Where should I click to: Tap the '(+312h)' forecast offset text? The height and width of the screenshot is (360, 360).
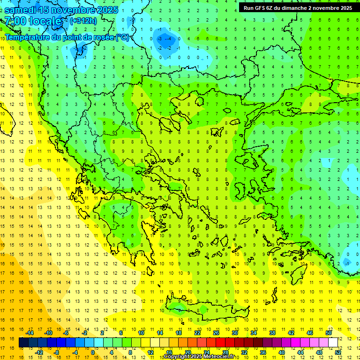pyautogui.click(x=84, y=21)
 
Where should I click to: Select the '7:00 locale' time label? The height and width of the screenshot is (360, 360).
pyautogui.click(x=34, y=21)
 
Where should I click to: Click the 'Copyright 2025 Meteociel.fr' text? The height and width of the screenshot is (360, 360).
pyautogui.click(x=199, y=356)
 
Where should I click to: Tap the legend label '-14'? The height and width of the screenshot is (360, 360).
pyautogui.click(x=30, y=333)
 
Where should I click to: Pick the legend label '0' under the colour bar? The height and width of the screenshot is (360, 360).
pyautogui.click(x=93, y=352)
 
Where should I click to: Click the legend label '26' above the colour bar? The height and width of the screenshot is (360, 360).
pyautogui.click(x=216, y=333)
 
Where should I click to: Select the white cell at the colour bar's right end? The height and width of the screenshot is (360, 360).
pyautogui.click(x=333, y=343)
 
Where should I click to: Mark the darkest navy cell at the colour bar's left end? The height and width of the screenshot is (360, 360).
pyautogui.click(x=23, y=343)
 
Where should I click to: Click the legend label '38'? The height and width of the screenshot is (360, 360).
pyautogui.click(x=272, y=333)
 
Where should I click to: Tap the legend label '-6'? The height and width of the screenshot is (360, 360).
pyautogui.click(x=66, y=333)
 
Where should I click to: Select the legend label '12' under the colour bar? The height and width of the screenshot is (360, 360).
pyautogui.click(x=151, y=352)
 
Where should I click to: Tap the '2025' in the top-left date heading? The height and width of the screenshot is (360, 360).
pyautogui.click(x=107, y=10)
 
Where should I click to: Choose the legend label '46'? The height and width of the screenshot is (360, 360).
pyautogui.click(x=309, y=333)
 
